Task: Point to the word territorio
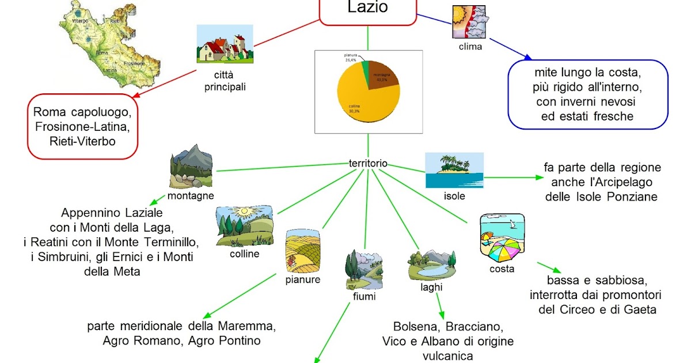[368, 164]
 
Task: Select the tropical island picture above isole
[454, 170]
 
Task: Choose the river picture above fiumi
[363, 270]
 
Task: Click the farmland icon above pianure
[302, 252]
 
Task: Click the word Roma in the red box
[47, 112]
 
